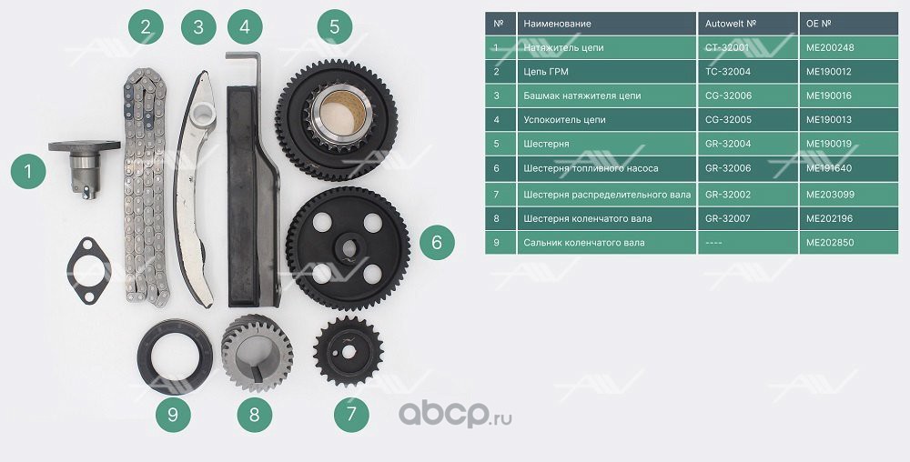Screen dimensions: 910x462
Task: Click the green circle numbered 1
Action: click(28, 171)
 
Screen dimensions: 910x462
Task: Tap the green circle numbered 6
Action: click(437, 242)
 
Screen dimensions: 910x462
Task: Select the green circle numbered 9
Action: click(173, 415)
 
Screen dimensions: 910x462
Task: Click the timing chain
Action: click(146, 186)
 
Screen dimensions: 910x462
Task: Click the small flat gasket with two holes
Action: click(88, 271)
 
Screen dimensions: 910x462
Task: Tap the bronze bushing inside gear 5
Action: click(339, 113)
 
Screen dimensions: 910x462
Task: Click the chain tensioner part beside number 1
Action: click(84, 168)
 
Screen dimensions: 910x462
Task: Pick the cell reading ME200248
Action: click(848, 47)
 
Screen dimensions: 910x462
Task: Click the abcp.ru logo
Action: click(455, 414)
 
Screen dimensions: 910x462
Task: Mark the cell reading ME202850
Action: click(848, 242)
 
